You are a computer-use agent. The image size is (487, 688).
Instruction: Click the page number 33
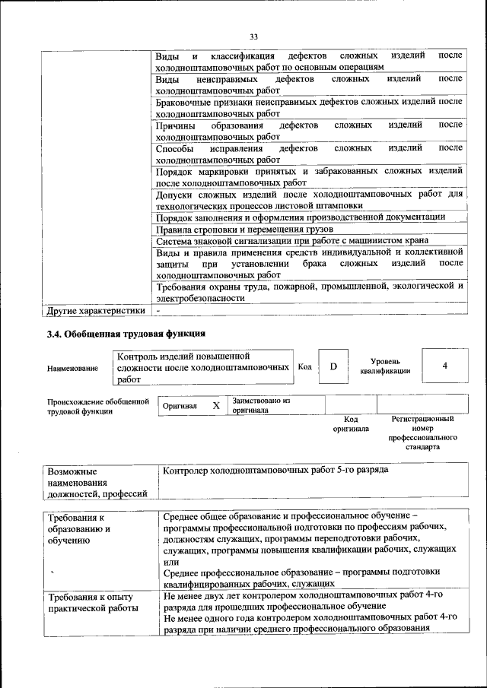254,36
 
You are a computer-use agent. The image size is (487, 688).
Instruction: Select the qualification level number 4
444,366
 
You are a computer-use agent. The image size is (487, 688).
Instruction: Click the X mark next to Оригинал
216,406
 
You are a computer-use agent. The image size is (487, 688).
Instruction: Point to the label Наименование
72,369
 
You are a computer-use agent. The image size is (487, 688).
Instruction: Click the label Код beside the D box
304,366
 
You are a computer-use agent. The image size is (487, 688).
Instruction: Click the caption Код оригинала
351,423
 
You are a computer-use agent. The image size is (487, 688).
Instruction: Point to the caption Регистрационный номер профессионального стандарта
422,433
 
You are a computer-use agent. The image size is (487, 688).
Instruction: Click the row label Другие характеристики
96,311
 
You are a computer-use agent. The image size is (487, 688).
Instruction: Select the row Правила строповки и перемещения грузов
241,229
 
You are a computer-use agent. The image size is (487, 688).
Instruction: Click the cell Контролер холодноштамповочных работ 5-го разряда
275,470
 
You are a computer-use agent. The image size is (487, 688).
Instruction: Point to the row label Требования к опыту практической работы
93,601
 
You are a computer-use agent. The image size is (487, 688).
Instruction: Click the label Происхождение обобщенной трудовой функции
97,406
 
